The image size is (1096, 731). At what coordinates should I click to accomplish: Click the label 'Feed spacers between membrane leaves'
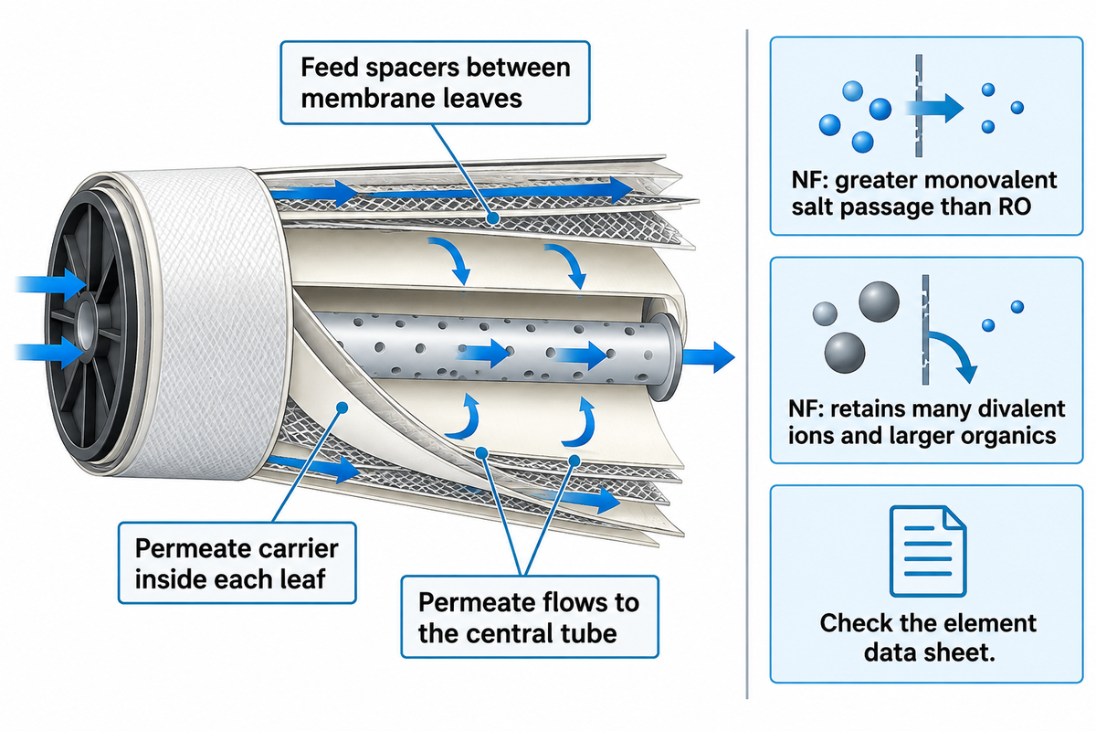(435, 83)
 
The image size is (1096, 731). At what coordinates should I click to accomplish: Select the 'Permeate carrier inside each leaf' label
(237, 563)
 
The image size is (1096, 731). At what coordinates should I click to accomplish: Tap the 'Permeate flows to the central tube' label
(530, 617)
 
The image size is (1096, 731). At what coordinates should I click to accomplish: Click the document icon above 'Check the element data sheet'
(928, 551)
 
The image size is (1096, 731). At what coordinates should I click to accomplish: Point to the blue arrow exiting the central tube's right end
(709, 357)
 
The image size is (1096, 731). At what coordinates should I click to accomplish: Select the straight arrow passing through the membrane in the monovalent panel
(934, 108)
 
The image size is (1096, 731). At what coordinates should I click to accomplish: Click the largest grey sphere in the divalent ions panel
(880, 302)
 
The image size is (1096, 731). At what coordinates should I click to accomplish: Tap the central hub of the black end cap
(87, 321)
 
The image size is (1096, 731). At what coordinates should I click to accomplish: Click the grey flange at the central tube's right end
(665, 356)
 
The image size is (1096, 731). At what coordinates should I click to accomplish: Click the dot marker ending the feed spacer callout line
(494, 217)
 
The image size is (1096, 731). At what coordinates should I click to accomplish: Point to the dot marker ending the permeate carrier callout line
(342, 408)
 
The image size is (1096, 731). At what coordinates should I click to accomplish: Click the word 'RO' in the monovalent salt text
(1015, 207)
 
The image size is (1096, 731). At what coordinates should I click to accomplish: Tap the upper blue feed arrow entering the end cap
(51, 284)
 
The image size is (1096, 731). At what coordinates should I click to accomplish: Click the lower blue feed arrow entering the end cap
(49, 353)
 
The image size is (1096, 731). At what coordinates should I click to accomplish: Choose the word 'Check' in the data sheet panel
(854, 623)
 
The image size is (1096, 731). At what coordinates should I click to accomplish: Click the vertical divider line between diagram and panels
(747, 365)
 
